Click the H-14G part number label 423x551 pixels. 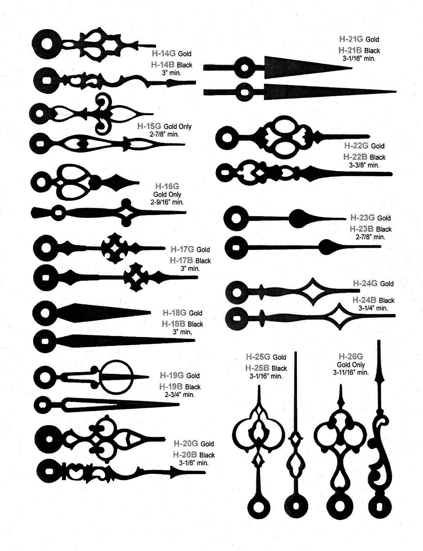[164, 53]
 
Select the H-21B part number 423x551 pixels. [350, 50]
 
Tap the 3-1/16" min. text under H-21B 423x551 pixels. [359, 58]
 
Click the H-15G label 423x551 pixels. [149, 126]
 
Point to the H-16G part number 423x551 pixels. [167, 186]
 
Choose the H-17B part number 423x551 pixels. [181, 261]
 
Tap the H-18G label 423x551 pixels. [174, 313]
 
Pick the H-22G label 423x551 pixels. [356, 146]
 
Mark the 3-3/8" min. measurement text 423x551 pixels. [364, 165]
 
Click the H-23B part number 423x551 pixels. [362, 229]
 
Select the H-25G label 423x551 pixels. [258, 357]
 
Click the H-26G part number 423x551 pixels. [351, 357]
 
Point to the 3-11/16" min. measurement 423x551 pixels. [351, 373]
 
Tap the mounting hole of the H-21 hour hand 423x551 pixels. [245, 68]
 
